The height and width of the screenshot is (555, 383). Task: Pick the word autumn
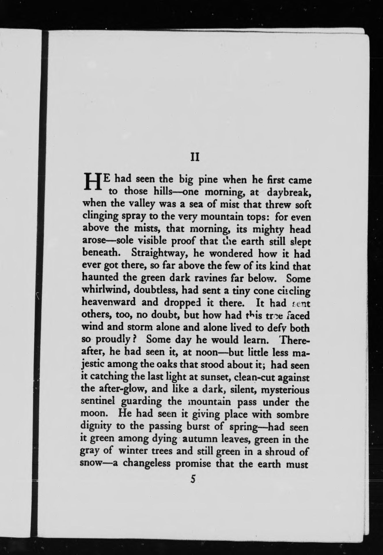click(201, 439)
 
